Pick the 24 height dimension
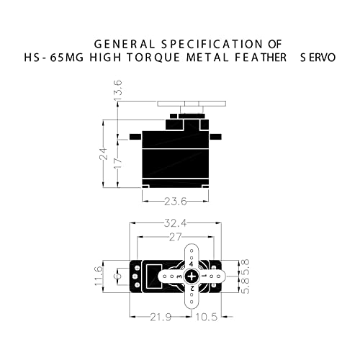click(x=103, y=153)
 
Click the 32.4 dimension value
click(x=174, y=224)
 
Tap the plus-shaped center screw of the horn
click(x=191, y=276)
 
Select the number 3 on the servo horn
click(x=178, y=276)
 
